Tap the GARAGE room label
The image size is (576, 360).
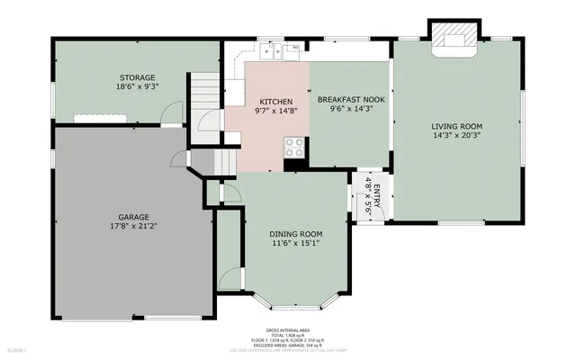click(x=133, y=217)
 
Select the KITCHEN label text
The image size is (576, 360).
click(x=275, y=102)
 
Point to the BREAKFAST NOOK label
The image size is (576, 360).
click(x=350, y=99)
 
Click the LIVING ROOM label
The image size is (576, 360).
click(x=456, y=126)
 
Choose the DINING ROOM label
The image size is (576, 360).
click(x=297, y=234)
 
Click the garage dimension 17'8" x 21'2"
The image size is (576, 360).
click(x=133, y=227)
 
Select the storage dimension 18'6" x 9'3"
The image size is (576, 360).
click(x=138, y=88)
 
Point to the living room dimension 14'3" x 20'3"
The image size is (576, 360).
click(x=456, y=136)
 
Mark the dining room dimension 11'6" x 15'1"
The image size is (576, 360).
click(x=297, y=244)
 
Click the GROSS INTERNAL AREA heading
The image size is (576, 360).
click(x=287, y=330)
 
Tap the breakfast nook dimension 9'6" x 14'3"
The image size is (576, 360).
click(x=350, y=109)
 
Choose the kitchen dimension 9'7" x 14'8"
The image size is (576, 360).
click(x=275, y=112)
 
